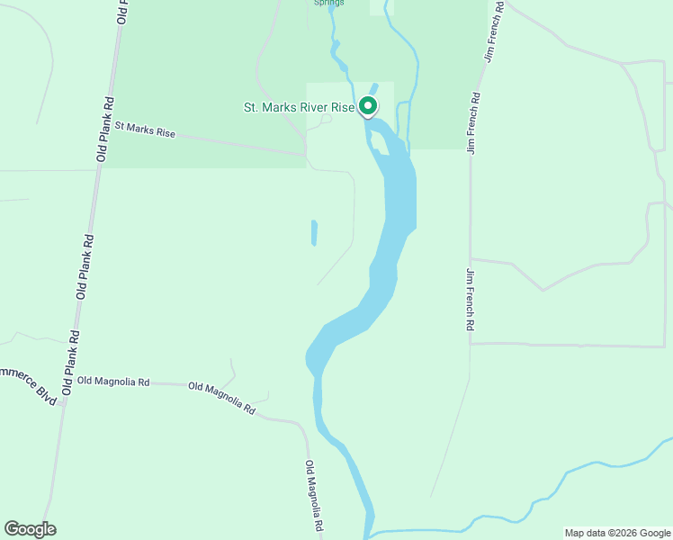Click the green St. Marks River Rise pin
click(368, 106)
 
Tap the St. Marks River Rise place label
click(300, 107)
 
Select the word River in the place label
click(312, 107)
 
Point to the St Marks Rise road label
click(144, 130)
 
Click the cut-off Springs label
click(328, 3)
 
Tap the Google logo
click(30, 529)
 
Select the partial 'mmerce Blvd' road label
click(28, 384)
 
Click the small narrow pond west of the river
click(314, 233)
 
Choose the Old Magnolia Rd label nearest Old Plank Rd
click(113, 382)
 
